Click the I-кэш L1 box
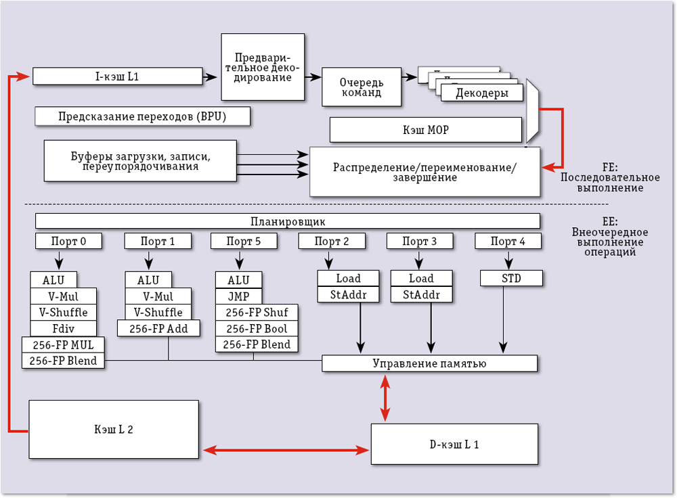(x=118, y=76)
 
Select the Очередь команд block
(x=361, y=87)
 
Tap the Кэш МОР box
(x=426, y=129)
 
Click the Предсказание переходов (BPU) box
(x=142, y=116)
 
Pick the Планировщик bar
(x=288, y=221)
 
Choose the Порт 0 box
(x=68, y=241)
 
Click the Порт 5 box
(x=244, y=241)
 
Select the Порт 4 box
(x=508, y=241)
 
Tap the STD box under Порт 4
(x=511, y=278)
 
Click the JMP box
(x=238, y=296)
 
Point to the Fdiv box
(x=64, y=329)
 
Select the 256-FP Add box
(x=158, y=329)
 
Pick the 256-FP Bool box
(x=257, y=328)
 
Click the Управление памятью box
(x=429, y=363)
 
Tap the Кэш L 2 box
(x=113, y=429)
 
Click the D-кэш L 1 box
(x=454, y=444)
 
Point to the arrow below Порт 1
(x=148, y=261)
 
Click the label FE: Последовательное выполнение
(x=609, y=177)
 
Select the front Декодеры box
(x=482, y=93)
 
